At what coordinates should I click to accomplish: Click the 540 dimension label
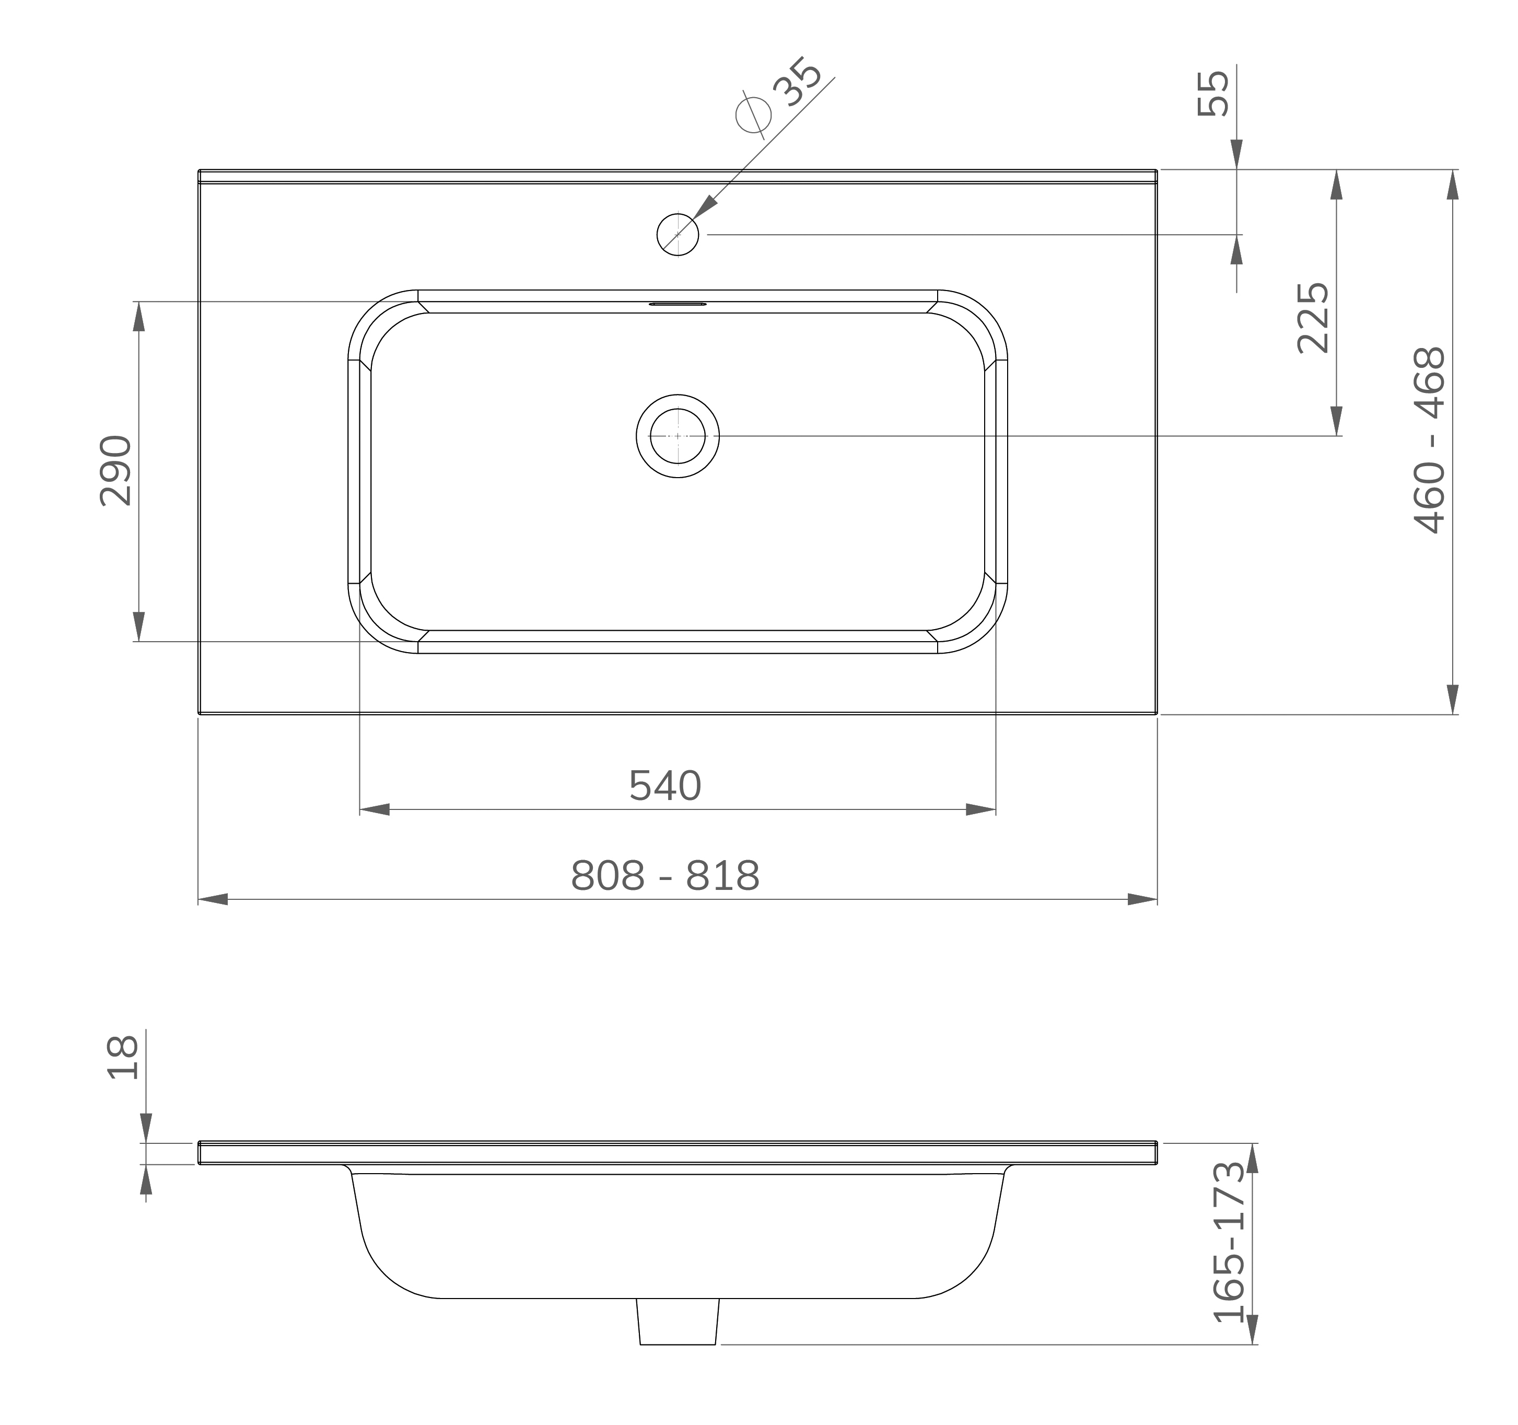[x=665, y=786]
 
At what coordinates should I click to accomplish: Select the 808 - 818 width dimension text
[x=665, y=876]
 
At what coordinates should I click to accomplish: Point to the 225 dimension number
[x=1313, y=318]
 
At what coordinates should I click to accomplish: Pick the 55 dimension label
[x=1213, y=93]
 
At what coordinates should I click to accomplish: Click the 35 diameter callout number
[x=798, y=82]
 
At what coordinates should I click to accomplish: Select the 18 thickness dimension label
[x=123, y=1058]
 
